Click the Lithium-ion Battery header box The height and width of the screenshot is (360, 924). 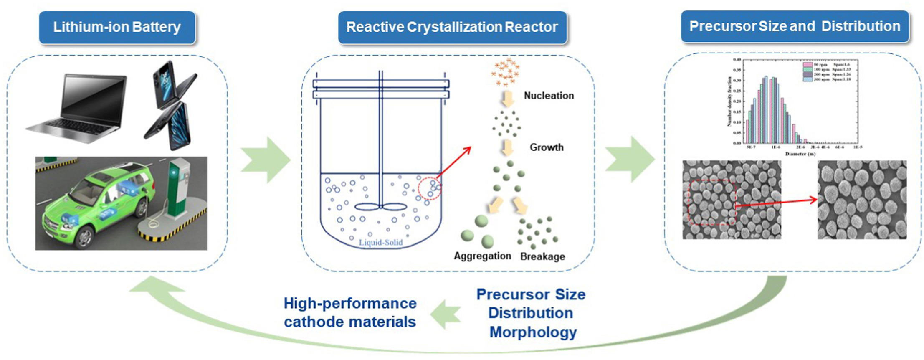point(117,27)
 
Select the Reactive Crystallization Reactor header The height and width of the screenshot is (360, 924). point(452,27)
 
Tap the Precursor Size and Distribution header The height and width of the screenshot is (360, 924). point(795,26)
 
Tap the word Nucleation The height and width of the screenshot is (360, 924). point(549,96)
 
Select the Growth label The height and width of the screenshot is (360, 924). point(546,147)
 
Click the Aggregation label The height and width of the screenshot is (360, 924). point(482,256)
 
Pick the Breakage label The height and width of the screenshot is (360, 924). point(542,256)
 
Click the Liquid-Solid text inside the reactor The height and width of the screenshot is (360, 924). point(381,243)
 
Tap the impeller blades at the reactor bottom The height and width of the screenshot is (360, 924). point(380,207)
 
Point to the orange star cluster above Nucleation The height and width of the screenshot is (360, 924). point(506,71)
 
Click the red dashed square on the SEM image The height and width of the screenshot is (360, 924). point(711,202)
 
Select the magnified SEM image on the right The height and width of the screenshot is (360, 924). point(862,200)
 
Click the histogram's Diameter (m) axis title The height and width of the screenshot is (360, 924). point(800,154)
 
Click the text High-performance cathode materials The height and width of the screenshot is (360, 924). point(350,312)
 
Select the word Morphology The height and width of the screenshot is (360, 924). point(533,332)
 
